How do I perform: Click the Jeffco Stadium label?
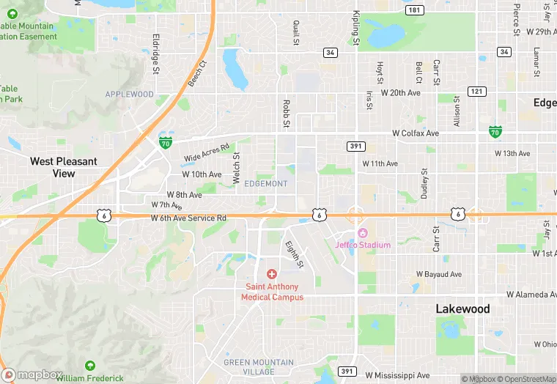(363, 245)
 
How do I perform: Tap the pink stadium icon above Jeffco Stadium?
(361, 233)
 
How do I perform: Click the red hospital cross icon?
(272, 273)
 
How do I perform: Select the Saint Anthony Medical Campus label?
(272, 292)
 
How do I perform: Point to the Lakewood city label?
(462, 309)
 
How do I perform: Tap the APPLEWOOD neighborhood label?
(130, 95)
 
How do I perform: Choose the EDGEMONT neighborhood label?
(266, 183)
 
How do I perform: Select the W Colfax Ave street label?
(415, 133)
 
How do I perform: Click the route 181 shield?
(414, 10)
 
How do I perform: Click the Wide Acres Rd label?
(207, 152)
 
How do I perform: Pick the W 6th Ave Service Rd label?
(188, 218)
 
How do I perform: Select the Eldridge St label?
(155, 53)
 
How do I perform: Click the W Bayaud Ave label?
(439, 274)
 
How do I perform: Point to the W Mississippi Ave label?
(397, 375)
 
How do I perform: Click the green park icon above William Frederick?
(89, 366)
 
